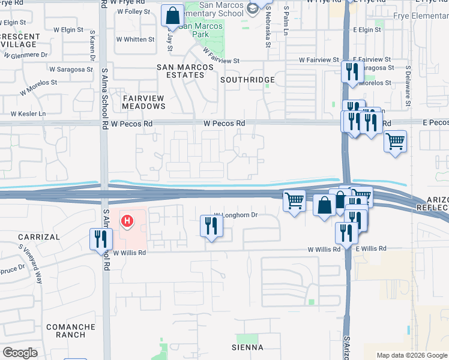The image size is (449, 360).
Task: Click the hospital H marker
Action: click(x=127, y=221)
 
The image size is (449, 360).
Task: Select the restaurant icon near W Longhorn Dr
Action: click(x=211, y=226)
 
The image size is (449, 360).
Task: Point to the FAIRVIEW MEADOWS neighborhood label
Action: click(x=143, y=102)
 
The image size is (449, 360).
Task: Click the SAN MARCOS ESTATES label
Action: click(x=181, y=71)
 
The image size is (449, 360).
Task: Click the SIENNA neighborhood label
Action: click(x=247, y=347)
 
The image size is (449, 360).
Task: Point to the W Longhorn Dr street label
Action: click(x=235, y=214)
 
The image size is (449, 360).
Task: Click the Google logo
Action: click(x=19, y=353)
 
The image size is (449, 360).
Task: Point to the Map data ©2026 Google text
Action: click(x=411, y=355)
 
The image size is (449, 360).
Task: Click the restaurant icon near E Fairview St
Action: click(x=350, y=71)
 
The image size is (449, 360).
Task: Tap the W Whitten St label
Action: click(x=135, y=40)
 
